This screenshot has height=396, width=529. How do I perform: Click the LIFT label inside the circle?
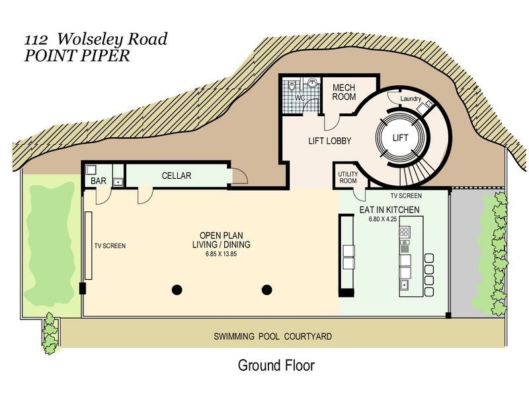(401, 138)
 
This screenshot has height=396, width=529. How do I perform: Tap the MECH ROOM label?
(344, 92)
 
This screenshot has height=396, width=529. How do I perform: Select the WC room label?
(300, 98)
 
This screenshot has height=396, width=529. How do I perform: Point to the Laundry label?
(411, 98)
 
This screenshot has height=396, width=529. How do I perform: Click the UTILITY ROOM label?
(348, 178)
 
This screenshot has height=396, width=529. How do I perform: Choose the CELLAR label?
(177, 176)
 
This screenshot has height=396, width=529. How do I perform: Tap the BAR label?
(99, 181)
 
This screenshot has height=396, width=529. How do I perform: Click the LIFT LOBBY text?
(330, 141)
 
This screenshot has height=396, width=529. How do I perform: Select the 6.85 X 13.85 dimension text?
(222, 254)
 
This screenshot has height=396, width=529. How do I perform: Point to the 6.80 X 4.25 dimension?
(383, 219)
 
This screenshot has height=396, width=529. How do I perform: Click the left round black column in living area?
(177, 290)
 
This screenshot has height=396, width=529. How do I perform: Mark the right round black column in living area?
(267, 290)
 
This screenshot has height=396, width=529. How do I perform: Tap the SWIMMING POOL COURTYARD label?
(273, 337)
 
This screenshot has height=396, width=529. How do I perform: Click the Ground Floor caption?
(276, 366)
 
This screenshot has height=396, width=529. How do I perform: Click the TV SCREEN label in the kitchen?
(406, 195)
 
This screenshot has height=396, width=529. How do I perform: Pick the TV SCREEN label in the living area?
(110, 246)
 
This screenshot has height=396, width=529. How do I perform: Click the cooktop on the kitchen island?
(405, 232)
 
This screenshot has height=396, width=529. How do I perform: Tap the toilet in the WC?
(292, 87)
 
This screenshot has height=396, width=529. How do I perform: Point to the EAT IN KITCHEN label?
(389, 210)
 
